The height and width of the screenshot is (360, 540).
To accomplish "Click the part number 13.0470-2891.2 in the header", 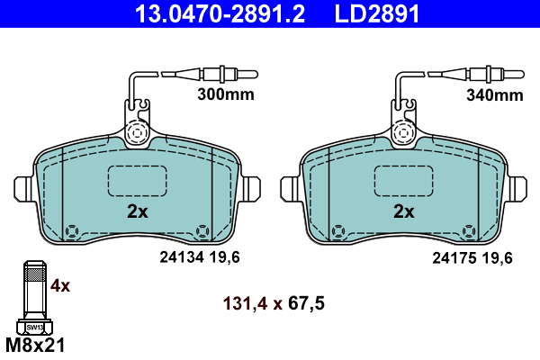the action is coord(220,13).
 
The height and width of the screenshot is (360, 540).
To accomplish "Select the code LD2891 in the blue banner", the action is coord(377,13).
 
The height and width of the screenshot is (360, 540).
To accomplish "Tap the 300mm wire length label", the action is coord(226,94).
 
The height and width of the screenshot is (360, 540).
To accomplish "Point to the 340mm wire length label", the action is coord(494,95).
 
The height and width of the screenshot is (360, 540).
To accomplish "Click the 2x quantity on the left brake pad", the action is coord(137,211).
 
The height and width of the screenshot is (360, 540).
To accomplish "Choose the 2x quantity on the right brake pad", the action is coord(403,211).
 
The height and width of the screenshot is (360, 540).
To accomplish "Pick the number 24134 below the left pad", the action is coord(182,257).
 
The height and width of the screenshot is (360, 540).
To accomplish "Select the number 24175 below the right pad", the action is coord(454,257).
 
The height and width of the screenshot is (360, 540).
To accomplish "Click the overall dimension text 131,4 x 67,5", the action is coord(274,304).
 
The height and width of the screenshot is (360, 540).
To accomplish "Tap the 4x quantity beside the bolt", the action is coord(60,285).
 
